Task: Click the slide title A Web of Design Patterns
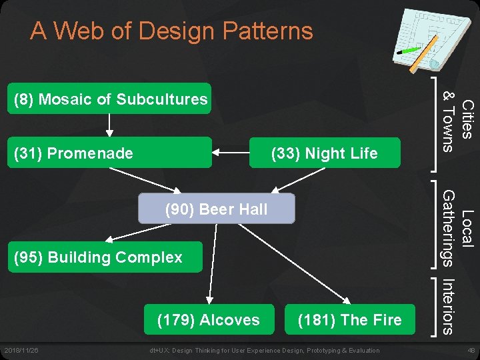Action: (x=171, y=31)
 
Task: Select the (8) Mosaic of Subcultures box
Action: (x=109, y=99)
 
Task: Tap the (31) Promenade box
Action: (x=109, y=153)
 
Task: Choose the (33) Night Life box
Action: (x=324, y=153)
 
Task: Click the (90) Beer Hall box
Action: (x=216, y=209)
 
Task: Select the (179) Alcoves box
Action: (x=208, y=320)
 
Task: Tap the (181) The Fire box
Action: (x=349, y=320)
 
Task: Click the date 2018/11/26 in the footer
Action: (x=22, y=351)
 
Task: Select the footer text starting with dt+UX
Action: (x=265, y=351)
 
